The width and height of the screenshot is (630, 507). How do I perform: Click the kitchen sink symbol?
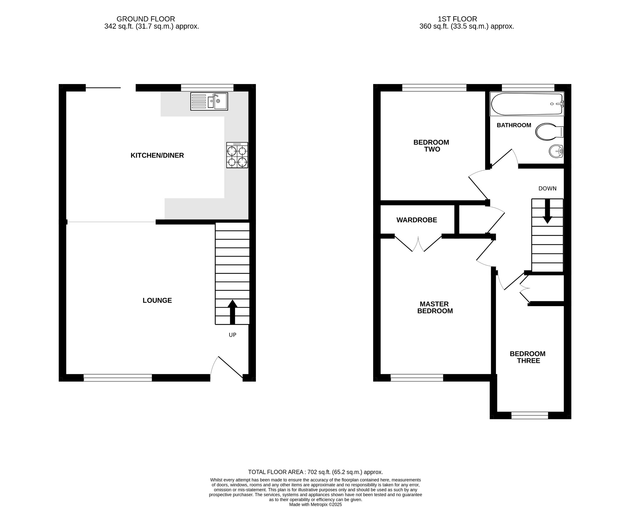point(209,101)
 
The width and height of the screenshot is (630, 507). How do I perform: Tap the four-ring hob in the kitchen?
point(237,155)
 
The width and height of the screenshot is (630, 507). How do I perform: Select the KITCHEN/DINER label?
point(157,156)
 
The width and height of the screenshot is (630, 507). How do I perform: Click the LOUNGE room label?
point(157,301)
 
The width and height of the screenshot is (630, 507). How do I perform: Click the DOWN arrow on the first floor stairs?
point(547,211)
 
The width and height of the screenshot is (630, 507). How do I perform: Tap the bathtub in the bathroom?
point(527,104)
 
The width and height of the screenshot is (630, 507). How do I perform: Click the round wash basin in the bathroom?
point(556,151)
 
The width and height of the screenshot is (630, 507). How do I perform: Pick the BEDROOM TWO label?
point(431,146)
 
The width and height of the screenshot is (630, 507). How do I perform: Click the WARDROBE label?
point(417,220)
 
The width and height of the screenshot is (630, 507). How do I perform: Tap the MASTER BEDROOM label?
point(435,307)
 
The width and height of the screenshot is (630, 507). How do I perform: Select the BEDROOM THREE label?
point(528,357)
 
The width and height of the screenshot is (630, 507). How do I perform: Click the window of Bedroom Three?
point(530,415)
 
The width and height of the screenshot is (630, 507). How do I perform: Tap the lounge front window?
point(118,378)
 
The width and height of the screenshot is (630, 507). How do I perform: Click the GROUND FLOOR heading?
point(146,19)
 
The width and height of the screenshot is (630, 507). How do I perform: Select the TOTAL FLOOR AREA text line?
point(315,472)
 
